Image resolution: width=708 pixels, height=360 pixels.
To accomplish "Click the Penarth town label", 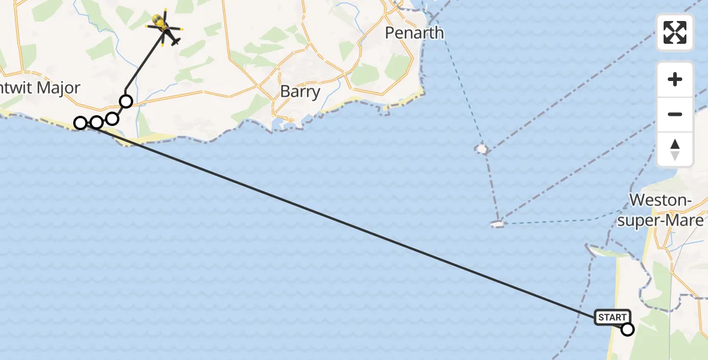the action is pos(414,32).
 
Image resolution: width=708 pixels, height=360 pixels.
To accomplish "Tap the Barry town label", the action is pos(300,92).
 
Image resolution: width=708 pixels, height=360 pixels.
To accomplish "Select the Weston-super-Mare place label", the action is pos(666,210).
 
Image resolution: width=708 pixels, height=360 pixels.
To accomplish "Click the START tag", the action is pos(612,317).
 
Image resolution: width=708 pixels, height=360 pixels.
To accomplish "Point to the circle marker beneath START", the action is pos(628,329).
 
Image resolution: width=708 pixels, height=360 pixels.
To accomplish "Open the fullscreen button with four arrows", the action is pos(675,32).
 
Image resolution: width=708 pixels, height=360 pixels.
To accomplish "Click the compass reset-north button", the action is pos(675,149).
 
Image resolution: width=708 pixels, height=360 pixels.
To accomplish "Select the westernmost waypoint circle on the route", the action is pos(80,123).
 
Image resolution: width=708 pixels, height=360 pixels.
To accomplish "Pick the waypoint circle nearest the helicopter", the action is pos(126,101).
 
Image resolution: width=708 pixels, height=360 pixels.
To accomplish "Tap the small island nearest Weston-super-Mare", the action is pos(497,224).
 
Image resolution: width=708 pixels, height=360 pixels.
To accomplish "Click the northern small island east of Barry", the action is pos(481,148).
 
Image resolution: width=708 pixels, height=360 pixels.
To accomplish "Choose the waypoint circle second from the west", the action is pos(96,122).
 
